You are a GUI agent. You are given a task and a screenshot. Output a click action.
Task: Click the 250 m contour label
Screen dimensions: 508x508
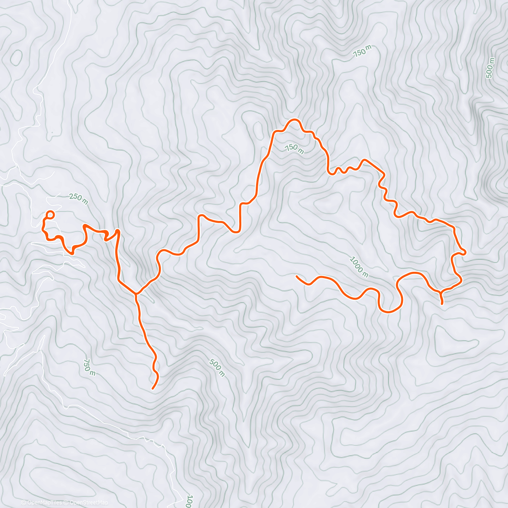coord(78,199)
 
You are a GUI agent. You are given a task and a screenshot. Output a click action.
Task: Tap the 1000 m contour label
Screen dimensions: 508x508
coord(359,266)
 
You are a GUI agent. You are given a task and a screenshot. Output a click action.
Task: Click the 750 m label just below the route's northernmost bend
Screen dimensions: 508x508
coord(294,148)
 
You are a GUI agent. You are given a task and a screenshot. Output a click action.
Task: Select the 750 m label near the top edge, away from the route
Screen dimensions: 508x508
coord(362,51)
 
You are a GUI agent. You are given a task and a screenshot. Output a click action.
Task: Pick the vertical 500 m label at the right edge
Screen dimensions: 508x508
coord(490,68)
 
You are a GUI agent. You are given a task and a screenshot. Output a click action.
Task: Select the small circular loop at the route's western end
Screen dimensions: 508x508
coord(50,215)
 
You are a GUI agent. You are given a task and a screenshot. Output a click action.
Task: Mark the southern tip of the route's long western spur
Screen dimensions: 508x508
coord(153,388)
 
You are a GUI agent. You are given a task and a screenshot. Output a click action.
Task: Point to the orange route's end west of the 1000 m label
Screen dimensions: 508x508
coord(297,276)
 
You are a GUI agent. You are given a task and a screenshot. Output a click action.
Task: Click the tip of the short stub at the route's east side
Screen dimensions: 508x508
coord(442,304)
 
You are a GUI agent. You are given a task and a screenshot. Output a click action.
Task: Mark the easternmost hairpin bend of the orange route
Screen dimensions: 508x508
coord(464,252)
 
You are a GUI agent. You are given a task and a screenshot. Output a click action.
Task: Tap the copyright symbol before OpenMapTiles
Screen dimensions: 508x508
coord(24,502)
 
